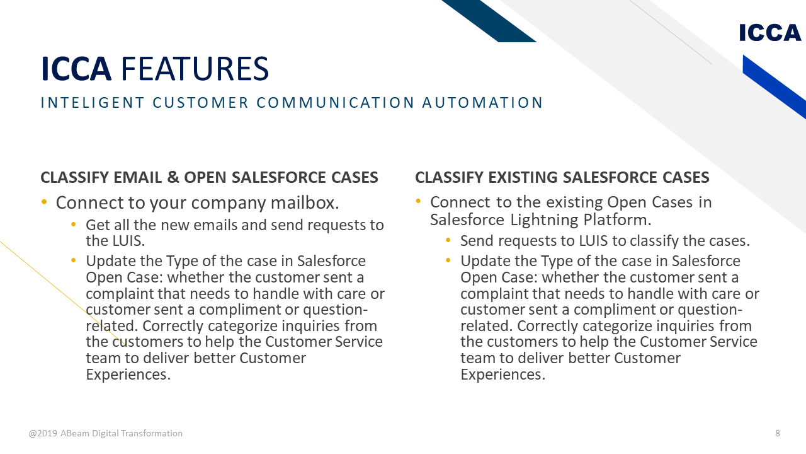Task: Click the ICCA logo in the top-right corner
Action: [x=770, y=32]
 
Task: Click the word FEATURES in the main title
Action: [x=195, y=69]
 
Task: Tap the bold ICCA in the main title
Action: [x=76, y=69]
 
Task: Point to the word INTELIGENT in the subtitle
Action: [x=93, y=103]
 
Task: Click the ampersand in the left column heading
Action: [x=173, y=178]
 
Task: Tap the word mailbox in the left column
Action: [x=308, y=203]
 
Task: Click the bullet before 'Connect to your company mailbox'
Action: [x=44, y=202]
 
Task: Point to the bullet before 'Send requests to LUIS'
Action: [x=448, y=240]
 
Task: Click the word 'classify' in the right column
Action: [x=653, y=241]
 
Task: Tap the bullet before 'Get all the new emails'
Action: [x=74, y=224]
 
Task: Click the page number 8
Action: [x=778, y=433]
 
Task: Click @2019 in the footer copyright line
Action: [x=43, y=433]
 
